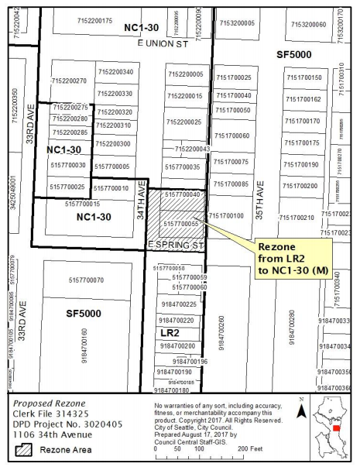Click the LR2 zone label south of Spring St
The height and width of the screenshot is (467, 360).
click(x=170, y=332)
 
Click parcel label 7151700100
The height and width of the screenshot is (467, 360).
click(x=226, y=215)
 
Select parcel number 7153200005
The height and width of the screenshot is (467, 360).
click(x=236, y=24)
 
